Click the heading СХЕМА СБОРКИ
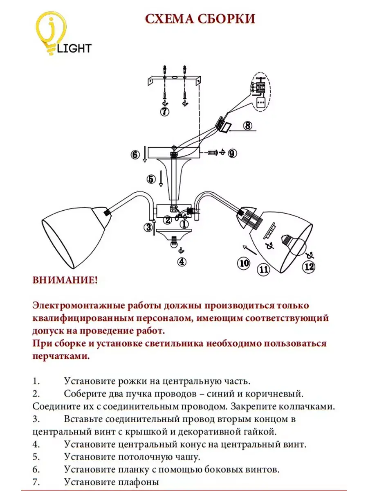pos(200,19)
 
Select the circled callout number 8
pos(248,125)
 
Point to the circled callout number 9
pos(232,153)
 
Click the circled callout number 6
pos(135,155)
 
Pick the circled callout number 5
pos(151,179)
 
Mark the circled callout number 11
pos(263,269)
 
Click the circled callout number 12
pos(309,266)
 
